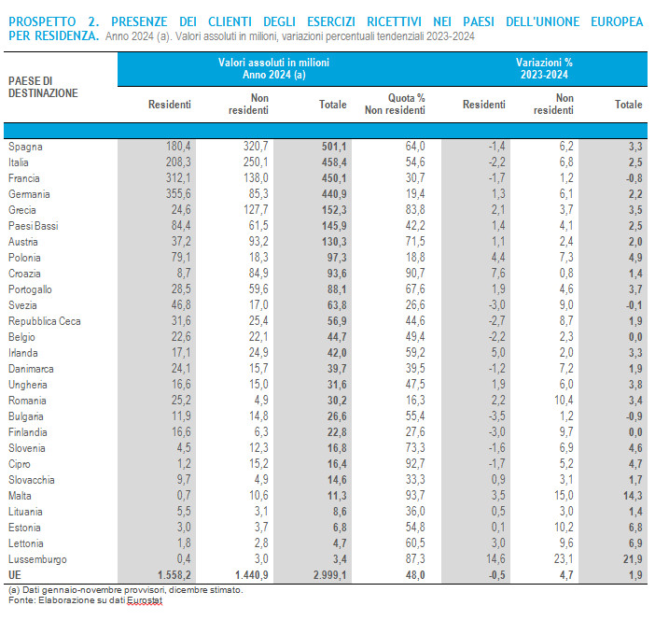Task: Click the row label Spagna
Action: point(25,147)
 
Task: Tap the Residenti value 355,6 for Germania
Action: point(176,195)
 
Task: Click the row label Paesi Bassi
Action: point(34,227)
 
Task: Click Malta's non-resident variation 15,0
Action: point(562,494)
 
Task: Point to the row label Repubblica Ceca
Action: point(44,321)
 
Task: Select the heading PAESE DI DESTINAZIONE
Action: point(43,87)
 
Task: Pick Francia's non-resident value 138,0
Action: point(255,178)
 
